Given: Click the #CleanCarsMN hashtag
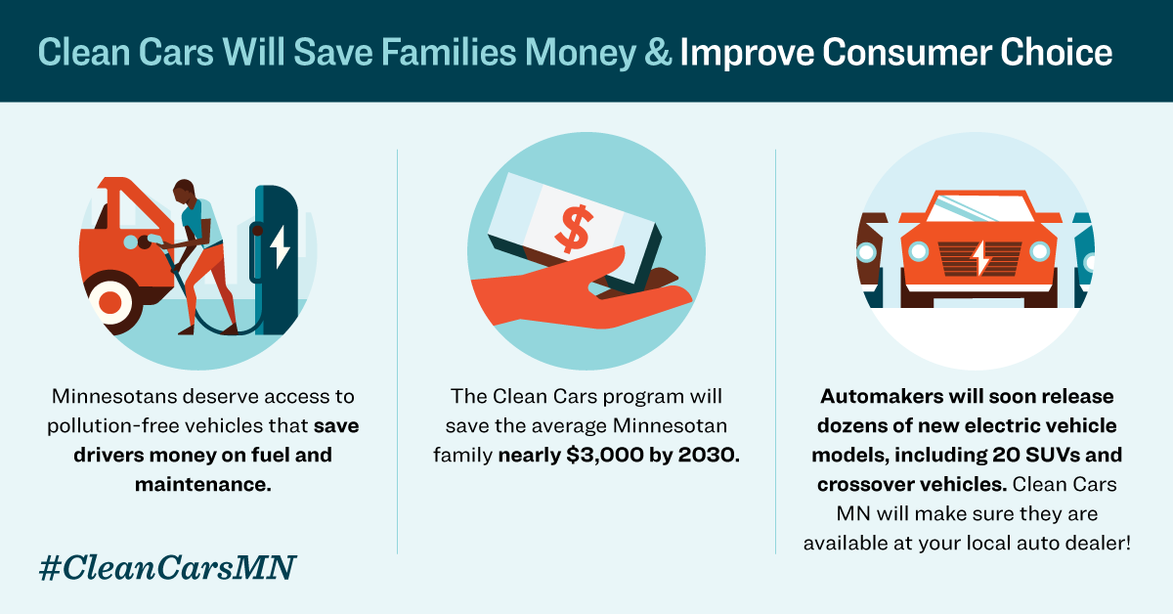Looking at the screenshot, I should [x=167, y=566].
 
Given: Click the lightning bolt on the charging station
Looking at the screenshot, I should [x=280, y=248].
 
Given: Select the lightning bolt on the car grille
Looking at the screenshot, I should [x=978, y=258].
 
